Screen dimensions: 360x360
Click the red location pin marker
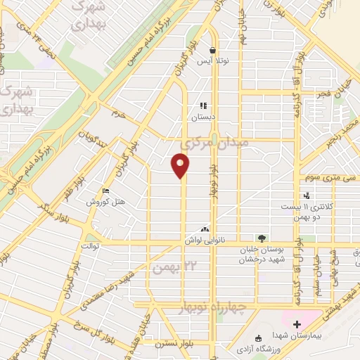(x=181, y=165)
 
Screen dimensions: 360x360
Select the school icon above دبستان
(x=203, y=106)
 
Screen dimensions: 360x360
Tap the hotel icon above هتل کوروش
(x=105, y=191)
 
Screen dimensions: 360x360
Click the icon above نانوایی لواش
(x=205, y=229)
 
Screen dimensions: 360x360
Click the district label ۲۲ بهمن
(x=172, y=267)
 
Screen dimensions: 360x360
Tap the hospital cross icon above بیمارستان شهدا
(x=296, y=324)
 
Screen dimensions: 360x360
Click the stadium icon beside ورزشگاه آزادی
(x=257, y=336)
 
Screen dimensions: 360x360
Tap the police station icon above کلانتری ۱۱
(x=307, y=196)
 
